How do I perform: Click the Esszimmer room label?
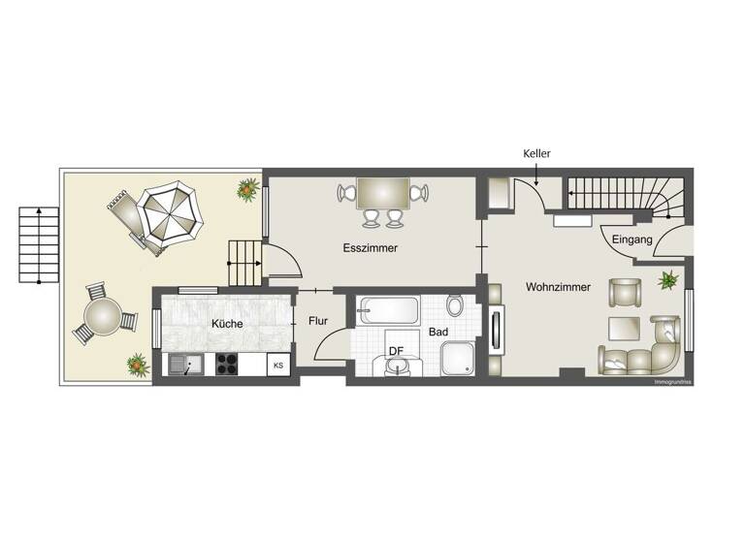point(371,248)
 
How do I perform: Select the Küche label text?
point(226,324)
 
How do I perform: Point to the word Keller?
point(537,153)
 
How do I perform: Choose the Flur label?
point(318,321)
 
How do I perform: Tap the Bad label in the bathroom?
point(438,332)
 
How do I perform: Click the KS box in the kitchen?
point(278,366)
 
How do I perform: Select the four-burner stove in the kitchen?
point(227,365)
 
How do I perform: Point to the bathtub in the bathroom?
point(389,311)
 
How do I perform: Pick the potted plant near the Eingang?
point(668,281)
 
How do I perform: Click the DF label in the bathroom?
point(396,350)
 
